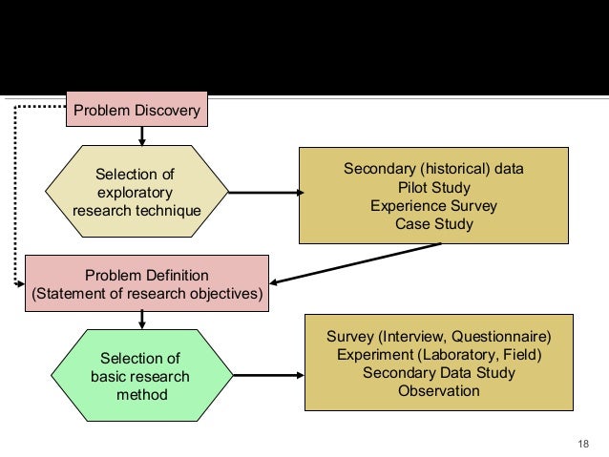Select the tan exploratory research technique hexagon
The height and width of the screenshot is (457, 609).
136,192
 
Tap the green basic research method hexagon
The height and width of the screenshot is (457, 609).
140,375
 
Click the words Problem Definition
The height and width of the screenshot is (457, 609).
147,275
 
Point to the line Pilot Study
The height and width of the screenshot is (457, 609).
433,188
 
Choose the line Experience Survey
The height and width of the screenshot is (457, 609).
433,206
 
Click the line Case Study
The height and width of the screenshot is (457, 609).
433,225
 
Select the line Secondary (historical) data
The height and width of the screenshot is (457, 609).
433,169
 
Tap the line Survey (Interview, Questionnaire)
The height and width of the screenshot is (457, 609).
438,336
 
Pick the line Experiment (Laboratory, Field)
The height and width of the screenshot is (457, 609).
438,354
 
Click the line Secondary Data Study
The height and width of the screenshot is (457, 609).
438,372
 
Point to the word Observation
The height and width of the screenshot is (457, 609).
438,391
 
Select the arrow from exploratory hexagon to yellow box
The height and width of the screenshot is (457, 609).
264,193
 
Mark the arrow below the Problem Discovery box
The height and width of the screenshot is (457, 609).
142,136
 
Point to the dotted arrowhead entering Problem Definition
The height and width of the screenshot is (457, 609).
19,283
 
